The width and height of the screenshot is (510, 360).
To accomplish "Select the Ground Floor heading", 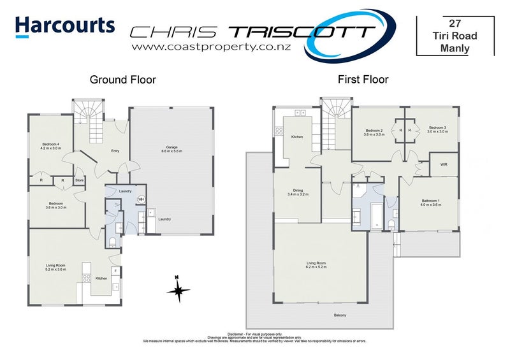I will (x=122, y=80).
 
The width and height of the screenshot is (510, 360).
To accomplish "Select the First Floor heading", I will (x=363, y=80).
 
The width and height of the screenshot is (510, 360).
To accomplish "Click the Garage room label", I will (x=171, y=147).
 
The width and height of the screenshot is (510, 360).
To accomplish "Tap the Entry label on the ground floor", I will (x=115, y=151).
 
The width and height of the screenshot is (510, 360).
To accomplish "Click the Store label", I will (x=80, y=181).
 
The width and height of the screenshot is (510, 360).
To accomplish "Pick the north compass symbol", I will (x=179, y=290).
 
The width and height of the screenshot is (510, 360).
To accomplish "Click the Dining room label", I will (x=297, y=190).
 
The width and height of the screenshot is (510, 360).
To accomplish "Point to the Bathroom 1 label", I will (x=430, y=201).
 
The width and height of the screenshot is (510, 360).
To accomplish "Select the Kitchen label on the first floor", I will (x=297, y=138).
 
